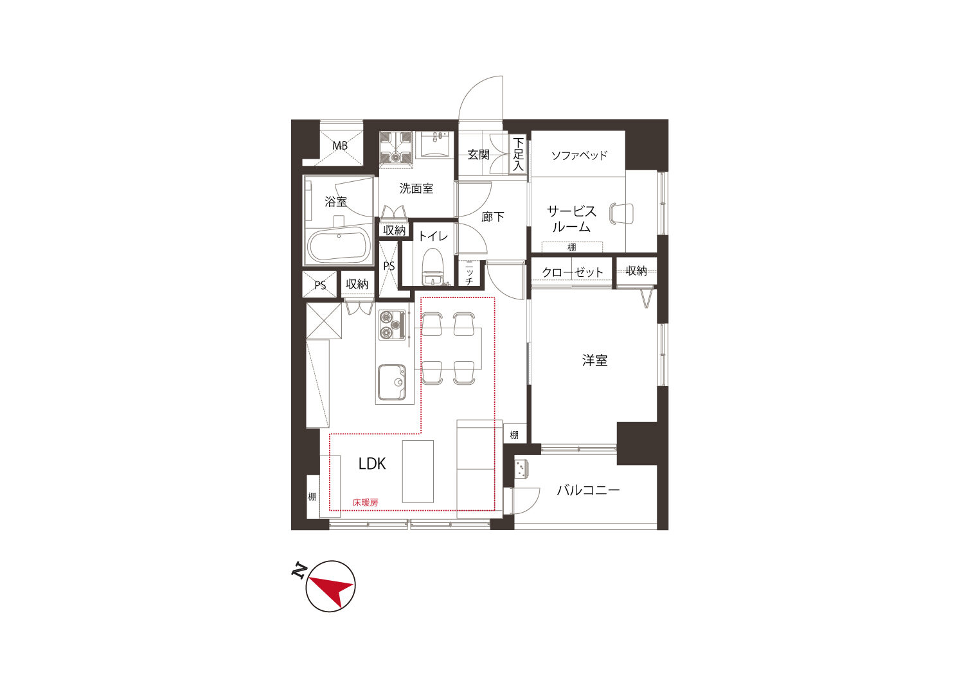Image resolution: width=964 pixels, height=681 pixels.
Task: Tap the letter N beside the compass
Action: tap(299, 570)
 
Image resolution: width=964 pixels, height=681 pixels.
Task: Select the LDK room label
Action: tap(372, 463)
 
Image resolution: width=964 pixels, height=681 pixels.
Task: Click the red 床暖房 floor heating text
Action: tap(365, 502)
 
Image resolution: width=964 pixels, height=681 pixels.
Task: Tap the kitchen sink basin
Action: tap(391, 382)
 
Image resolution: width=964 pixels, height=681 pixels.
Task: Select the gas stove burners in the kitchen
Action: tap(391, 325)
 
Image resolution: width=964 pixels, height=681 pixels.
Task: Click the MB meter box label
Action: tap(339, 146)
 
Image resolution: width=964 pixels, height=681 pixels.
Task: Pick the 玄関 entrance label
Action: tap(478, 154)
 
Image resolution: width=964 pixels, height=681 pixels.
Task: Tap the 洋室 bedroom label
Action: tap(594, 360)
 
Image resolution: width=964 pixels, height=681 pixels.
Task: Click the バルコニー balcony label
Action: tap(588, 490)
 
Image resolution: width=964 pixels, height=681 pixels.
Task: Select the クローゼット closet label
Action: tap(572, 272)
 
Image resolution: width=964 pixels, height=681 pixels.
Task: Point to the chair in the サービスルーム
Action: tap(621, 214)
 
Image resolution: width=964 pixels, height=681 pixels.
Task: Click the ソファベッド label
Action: tap(579, 155)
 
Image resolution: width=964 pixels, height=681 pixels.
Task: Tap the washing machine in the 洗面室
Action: tap(395, 148)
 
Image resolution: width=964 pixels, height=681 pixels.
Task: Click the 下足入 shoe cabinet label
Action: tap(518, 154)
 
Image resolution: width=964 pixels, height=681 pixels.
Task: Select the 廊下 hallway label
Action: tap(492, 217)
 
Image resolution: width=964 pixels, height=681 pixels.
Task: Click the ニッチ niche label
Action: tap(469, 274)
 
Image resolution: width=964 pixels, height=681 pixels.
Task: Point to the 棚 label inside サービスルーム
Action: tap(571, 247)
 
